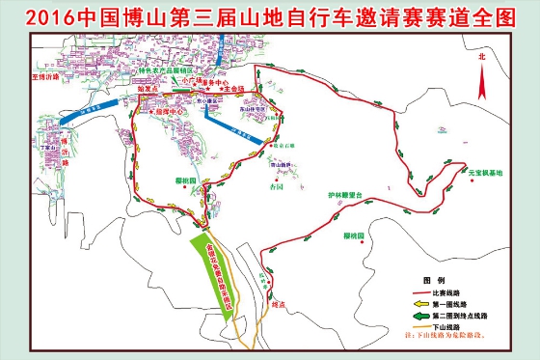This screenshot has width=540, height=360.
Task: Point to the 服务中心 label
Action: [215, 82]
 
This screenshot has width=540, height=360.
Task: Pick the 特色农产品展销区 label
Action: [173, 71]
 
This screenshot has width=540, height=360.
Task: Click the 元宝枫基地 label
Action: [480, 173]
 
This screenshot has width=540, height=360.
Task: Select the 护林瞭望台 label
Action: [344, 194]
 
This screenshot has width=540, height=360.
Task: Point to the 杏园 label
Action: [278, 186]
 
